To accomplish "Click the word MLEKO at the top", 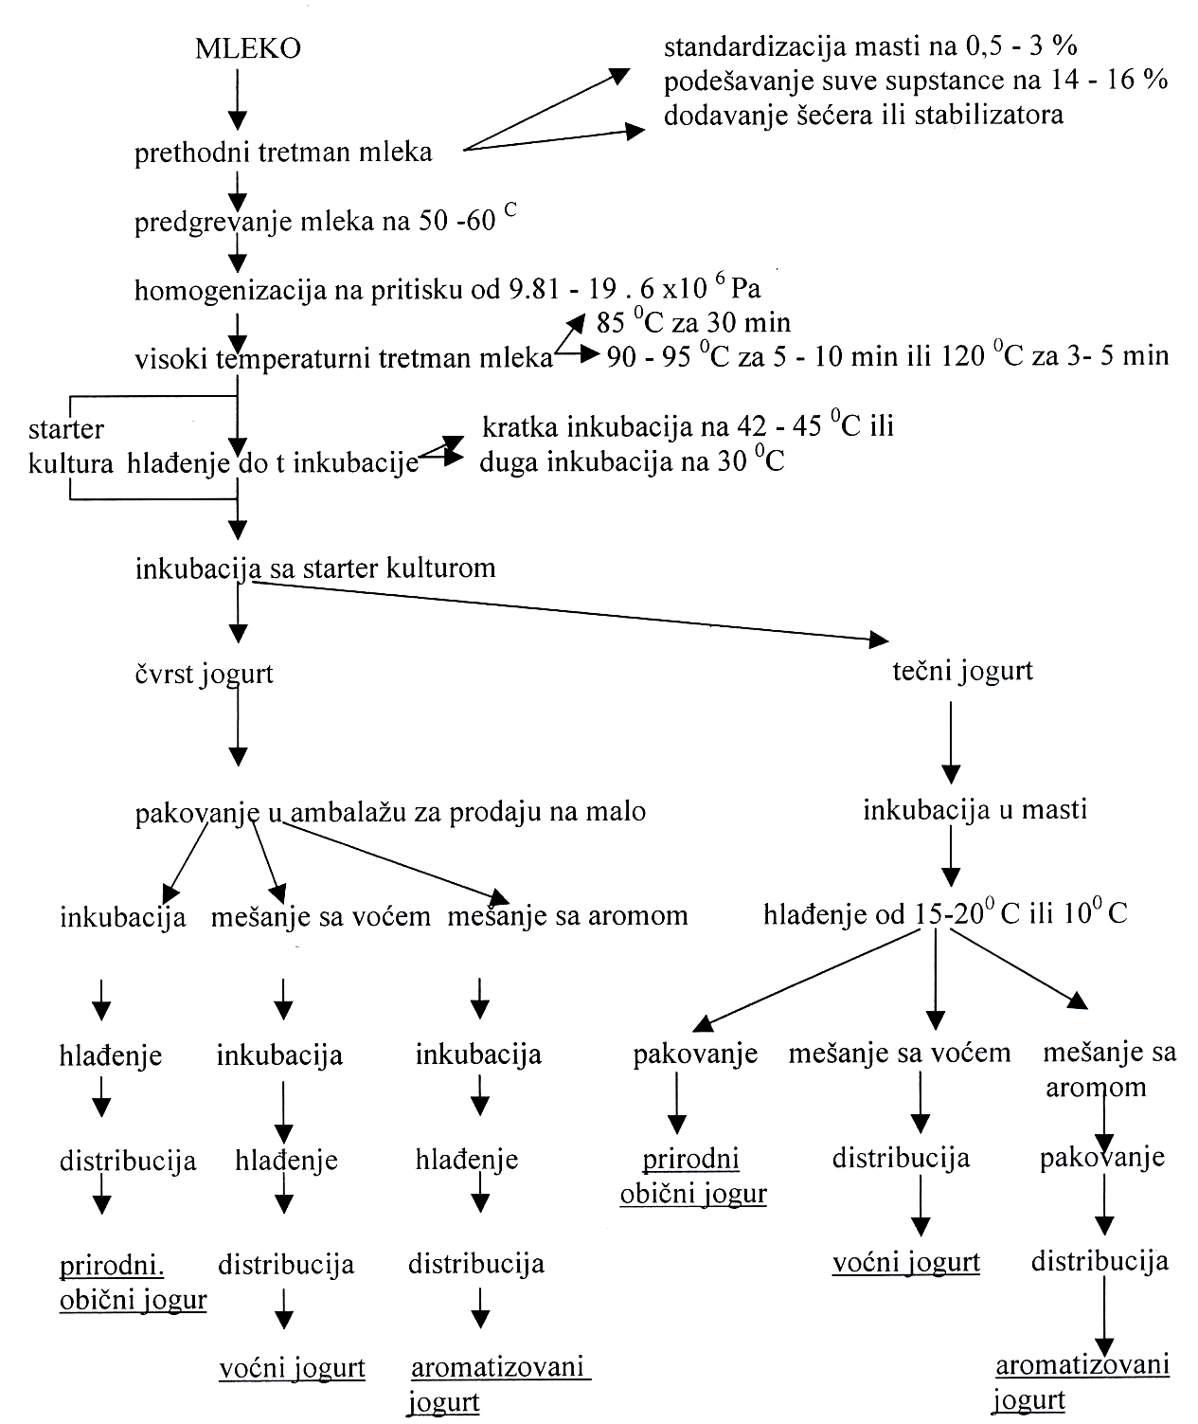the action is (x=247, y=48).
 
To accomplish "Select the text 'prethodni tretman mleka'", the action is (x=283, y=152).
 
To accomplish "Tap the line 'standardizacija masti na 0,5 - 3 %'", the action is (x=870, y=45).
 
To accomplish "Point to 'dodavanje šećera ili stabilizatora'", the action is (x=863, y=114).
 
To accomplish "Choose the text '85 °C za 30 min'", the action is (x=693, y=321).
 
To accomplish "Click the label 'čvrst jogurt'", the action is (x=204, y=674).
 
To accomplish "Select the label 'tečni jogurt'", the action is (x=963, y=671).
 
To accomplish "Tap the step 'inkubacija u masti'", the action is (x=975, y=809).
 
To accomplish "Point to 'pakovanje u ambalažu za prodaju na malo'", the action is (x=390, y=812).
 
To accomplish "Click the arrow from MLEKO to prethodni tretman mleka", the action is (x=238, y=99).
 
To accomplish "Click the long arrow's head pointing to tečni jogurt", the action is (x=879, y=640).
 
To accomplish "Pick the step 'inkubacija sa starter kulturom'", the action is (x=315, y=568).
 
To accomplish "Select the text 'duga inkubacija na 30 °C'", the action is (x=632, y=460).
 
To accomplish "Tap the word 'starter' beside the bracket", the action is (x=66, y=429).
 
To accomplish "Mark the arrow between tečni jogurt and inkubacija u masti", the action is (x=951, y=743).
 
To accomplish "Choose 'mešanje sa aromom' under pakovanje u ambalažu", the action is (x=568, y=915).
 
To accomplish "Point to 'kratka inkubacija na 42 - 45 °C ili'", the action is (x=688, y=425).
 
